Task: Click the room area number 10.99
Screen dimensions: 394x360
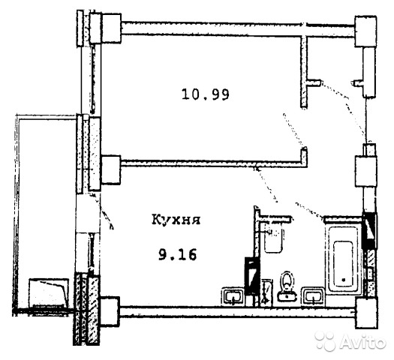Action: point(206,94)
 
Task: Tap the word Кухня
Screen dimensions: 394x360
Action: point(176,220)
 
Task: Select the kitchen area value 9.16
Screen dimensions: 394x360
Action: point(177,255)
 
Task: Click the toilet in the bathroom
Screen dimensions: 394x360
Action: point(287,286)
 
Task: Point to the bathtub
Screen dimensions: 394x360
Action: point(343,259)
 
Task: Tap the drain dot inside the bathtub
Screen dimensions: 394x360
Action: point(343,279)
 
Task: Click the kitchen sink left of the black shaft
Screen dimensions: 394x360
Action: point(233,296)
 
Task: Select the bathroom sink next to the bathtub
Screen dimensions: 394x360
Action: point(313,296)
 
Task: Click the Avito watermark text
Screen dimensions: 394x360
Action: point(363,341)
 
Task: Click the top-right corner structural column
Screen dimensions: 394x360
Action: point(365,31)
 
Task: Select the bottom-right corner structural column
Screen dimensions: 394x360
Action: point(366,313)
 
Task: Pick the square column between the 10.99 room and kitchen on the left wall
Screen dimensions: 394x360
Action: point(110,170)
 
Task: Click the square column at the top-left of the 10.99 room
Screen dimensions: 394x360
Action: point(112,28)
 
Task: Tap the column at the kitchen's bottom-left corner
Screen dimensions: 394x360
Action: point(110,311)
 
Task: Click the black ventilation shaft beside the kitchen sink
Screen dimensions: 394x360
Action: point(251,276)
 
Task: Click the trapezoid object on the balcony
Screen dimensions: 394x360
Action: point(49,292)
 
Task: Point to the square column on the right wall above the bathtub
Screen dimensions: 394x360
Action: point(365,171)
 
